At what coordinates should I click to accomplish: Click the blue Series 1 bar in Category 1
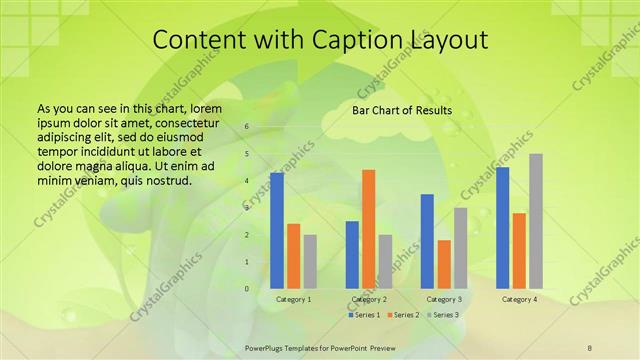click(277, 231)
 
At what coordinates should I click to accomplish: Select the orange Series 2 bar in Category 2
click(369, 229)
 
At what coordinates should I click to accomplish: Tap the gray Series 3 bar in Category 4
click(536, 221)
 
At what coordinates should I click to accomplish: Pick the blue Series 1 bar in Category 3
click(428, 241)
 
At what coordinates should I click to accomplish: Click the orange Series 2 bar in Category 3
click(444, 264)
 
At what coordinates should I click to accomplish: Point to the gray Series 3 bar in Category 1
click(310, 262)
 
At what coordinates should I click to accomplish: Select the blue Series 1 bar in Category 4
click(503, 228)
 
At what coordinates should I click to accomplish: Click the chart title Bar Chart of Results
click(402, 110)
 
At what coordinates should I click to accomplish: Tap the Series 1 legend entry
click(363, 315)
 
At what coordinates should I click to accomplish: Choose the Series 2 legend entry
click(403, 315)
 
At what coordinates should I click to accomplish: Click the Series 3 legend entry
click(443, 315)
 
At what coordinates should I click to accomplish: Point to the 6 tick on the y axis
click(247, 127)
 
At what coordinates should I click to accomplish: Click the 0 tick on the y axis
click(247, 289)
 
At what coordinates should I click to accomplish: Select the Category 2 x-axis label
click(369, 299)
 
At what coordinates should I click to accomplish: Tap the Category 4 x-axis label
click(519, 299)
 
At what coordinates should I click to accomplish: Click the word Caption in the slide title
click(348, 40)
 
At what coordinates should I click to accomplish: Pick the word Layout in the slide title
click(446, 40)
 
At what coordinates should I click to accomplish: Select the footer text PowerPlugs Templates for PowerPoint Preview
click(319, 346)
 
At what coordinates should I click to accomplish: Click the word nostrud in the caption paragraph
click(163, 181)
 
